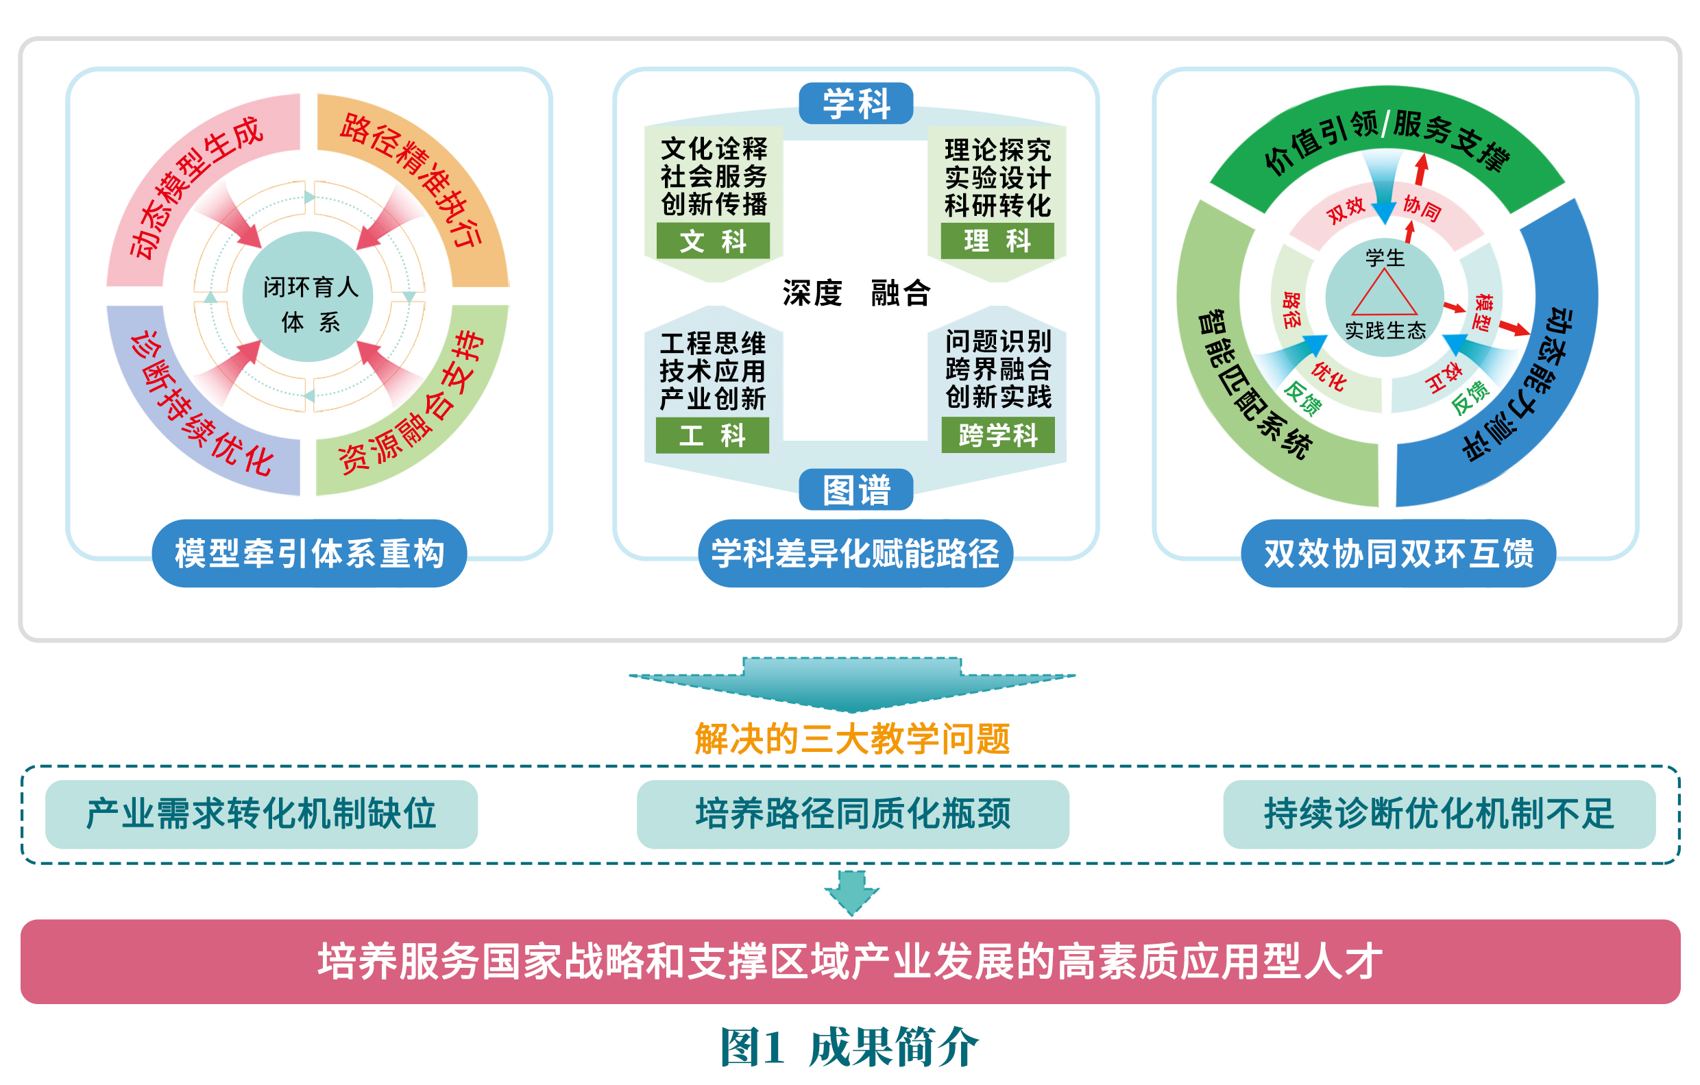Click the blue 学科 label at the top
click(855, 103)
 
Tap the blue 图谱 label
click(855, 489)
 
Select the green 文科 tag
click(712, 241)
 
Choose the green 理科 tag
click(997, 241)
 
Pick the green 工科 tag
click(712, 435)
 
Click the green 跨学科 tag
click(997, 435)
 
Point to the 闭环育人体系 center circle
click(308, 297)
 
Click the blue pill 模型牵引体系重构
click(308, 552)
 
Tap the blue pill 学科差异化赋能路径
click(855, 552)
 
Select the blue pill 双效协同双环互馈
click(1398, 552)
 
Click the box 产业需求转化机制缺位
click(261, 814)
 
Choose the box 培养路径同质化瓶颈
click(852, 814)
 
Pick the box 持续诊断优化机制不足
click(1439, 814)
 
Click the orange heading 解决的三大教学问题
click(852, 739)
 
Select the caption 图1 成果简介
click(849, 1047)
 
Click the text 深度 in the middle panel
click(812, 292)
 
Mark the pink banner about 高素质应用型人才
click(850, 962)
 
